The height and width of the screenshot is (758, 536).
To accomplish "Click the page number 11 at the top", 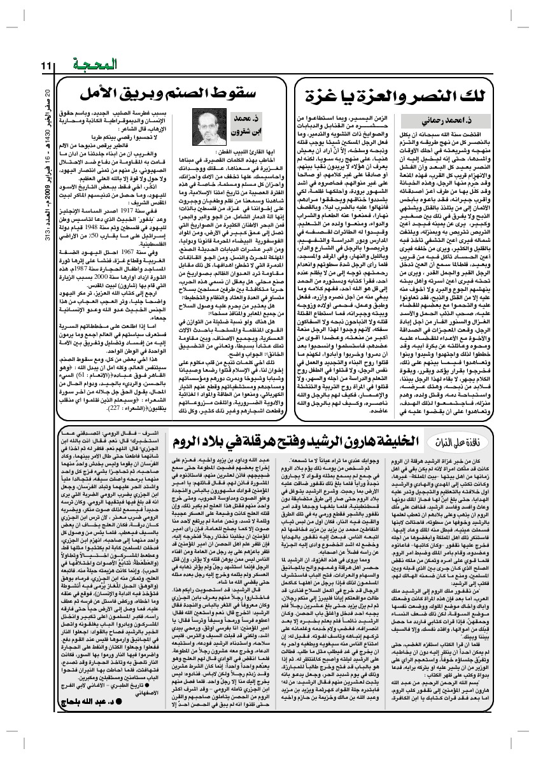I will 46,65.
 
